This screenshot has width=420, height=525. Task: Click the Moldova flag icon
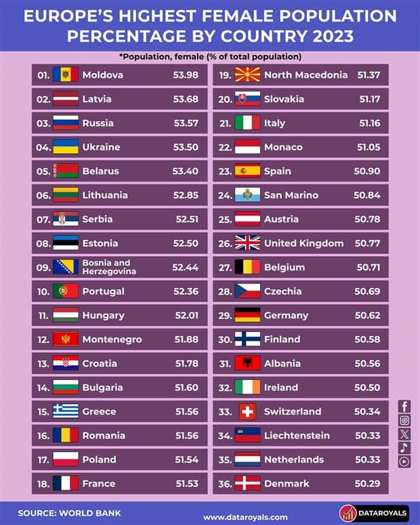tap(66, 75)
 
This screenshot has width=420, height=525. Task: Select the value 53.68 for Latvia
tap(185, 99)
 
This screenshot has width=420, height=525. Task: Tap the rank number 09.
tap(43, 267)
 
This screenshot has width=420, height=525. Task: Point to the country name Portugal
tap(103, 291)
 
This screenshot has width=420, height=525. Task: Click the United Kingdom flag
tap(247, 243)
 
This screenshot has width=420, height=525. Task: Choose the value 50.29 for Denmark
tap(366, 484)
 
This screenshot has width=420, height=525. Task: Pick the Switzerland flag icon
tap(247, 411)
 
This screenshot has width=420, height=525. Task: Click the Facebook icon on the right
tap(404, 406)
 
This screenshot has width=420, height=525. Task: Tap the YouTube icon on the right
tap(404, 461)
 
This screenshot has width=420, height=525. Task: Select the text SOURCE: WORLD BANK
tap(60, 513)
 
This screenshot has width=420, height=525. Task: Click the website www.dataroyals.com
tap(245, 517)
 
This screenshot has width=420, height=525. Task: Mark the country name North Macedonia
tap(306, 75)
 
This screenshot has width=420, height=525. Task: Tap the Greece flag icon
tap(66, 411)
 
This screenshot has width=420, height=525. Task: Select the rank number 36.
tap(225, 484)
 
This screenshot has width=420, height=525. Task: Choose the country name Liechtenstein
tap(297, 436)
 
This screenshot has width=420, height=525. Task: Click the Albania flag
tap(247, 363)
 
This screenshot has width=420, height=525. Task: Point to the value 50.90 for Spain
tap(366, 171)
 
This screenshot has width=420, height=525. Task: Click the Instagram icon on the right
tap(404, 420)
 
